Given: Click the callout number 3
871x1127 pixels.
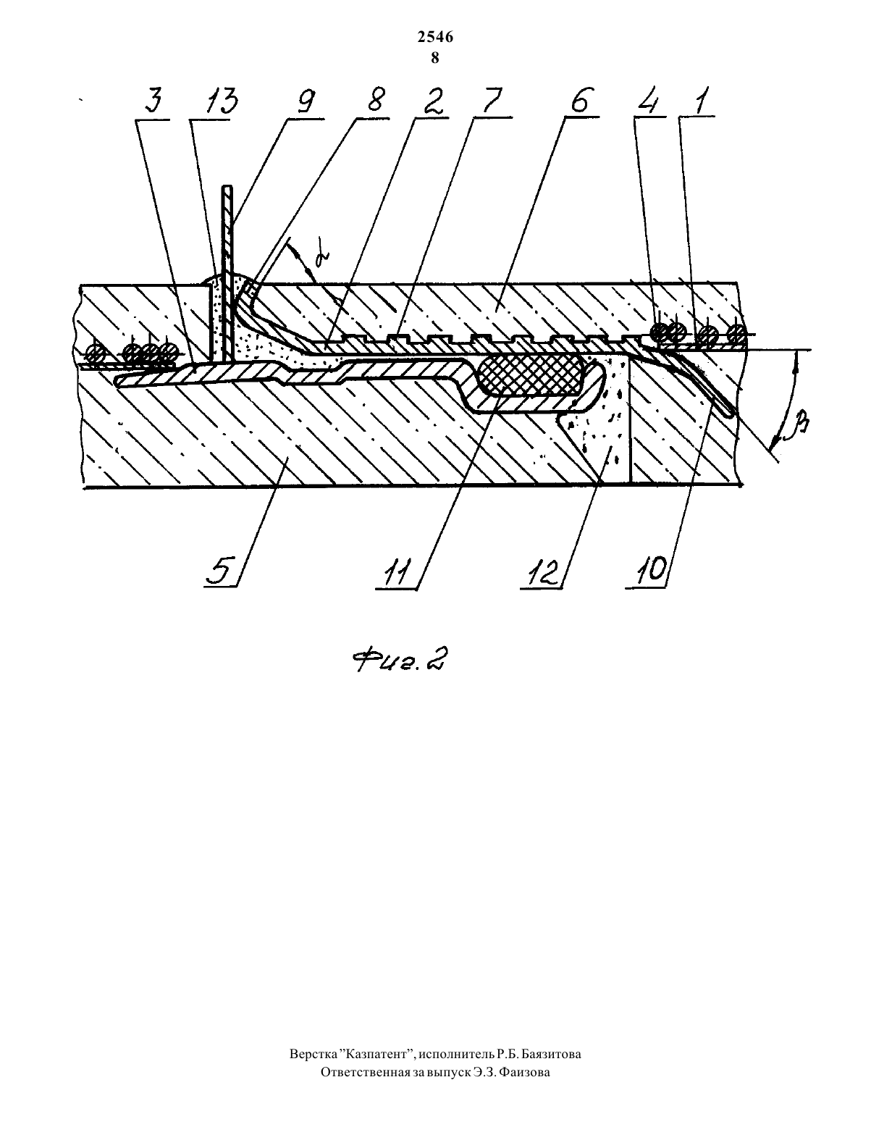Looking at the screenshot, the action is coord(153,101).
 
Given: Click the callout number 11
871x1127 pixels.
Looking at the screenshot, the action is coord(399,570).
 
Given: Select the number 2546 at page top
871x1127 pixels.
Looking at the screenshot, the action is coord(436,38).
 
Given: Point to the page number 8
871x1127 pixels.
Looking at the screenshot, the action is coord(435,58).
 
